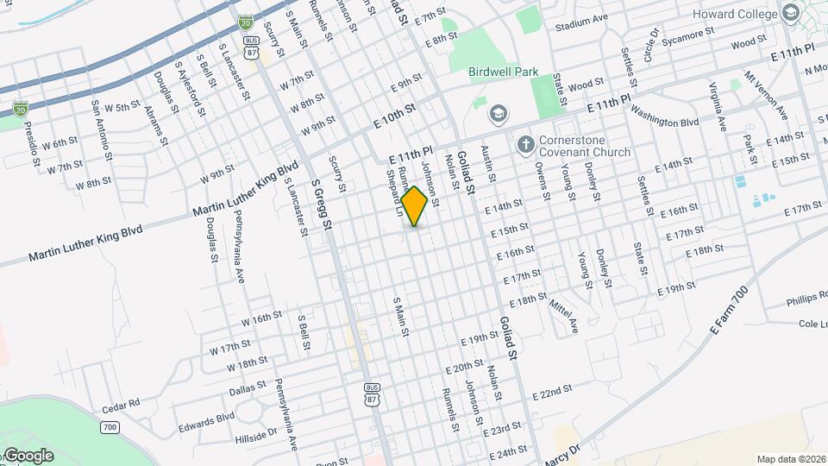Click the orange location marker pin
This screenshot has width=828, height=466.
pyautogui.click(x=414, y=206)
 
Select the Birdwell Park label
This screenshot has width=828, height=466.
pyautogui.click(x=503, y=73)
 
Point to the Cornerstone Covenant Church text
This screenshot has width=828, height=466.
pyautogui.click(x=586, y=146)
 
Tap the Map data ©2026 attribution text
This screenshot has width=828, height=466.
pyautogui.click(x=790, y=459)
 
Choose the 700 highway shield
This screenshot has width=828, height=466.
pyautogui.click(x=110, y=427)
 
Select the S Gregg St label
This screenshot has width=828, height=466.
pyautogui.click(x=322, y=205)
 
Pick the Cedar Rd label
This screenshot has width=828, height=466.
pyautogui.click(x=121, y=405)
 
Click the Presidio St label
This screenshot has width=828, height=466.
pyautogui.click(x=31, y=142)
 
